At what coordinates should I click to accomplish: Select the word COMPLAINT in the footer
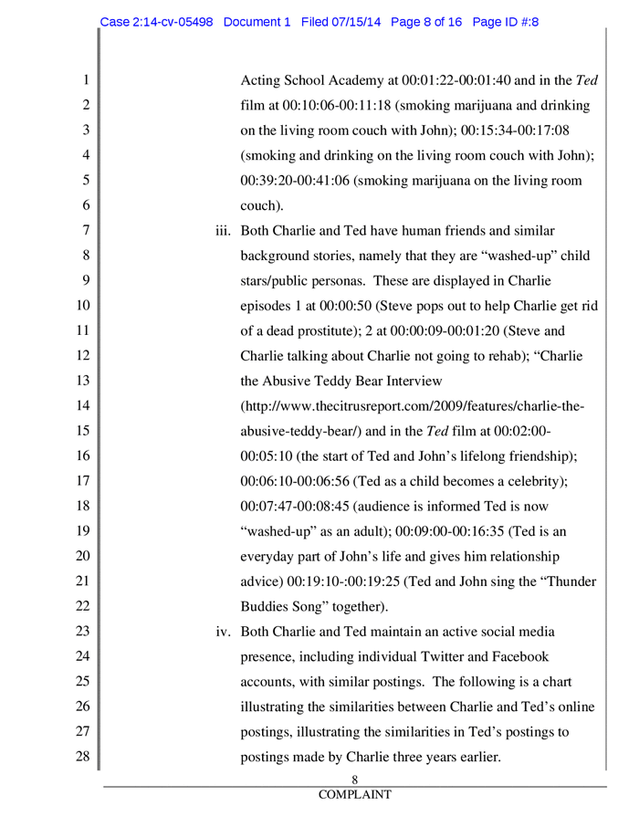coord(354,795)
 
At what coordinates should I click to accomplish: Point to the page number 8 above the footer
coord(354,779)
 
